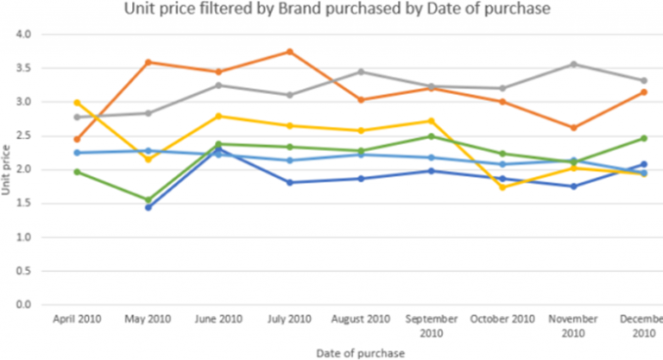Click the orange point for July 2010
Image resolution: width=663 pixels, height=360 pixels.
[290, 52]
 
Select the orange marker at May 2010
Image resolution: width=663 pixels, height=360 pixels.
[149, 62]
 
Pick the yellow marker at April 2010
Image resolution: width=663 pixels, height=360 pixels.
[78, 103]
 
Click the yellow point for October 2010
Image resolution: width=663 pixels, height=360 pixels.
[502, 187]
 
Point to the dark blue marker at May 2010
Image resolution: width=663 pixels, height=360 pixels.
[149, 207]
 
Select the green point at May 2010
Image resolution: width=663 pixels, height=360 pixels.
[149, 200]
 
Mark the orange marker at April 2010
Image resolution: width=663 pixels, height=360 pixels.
[78, 139]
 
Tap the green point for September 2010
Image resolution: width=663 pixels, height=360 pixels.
[432, 136]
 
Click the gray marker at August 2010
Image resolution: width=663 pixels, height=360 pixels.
[361, 72]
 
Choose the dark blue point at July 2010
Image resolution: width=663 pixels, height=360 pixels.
[290, 182]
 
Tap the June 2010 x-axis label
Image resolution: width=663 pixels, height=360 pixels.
[219, 319]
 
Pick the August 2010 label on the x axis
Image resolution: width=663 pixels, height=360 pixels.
[360, 319]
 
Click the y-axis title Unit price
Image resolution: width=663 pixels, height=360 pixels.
[7, 173]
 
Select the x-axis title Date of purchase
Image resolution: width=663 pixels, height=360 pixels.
[360, 351]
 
